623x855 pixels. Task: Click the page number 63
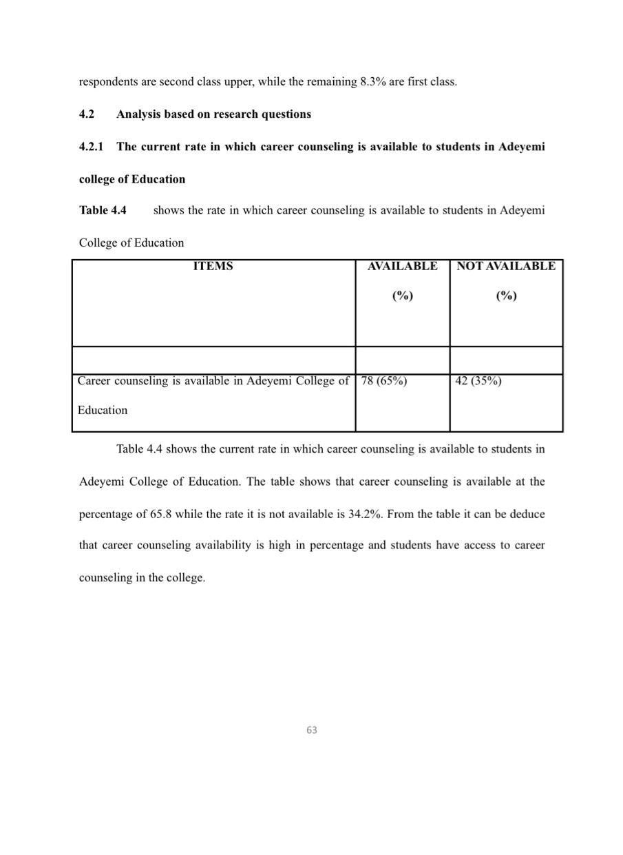312,730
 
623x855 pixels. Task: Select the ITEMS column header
213,266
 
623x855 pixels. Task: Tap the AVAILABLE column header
403,266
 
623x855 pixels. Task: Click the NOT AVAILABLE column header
506,266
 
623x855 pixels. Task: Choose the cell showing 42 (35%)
478,380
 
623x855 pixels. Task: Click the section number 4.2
87,114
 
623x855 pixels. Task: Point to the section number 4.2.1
92,147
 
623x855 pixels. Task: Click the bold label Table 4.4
103,210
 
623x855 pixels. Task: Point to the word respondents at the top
107,82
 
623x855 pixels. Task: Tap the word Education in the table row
103,410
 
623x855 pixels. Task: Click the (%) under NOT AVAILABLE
506,296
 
